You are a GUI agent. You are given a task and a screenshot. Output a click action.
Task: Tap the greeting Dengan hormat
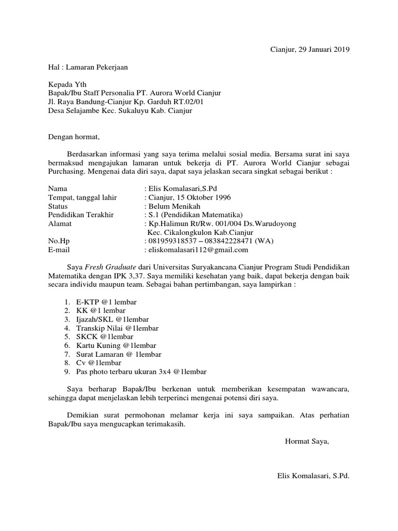(73, 137)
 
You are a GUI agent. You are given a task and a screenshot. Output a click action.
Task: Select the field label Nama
(58, 189)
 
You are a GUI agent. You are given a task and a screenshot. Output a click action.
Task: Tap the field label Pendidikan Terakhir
(81, 215)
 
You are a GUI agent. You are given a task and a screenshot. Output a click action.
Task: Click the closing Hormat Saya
(307, 441)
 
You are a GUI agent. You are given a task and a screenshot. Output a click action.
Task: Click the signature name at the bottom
(314, 475)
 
